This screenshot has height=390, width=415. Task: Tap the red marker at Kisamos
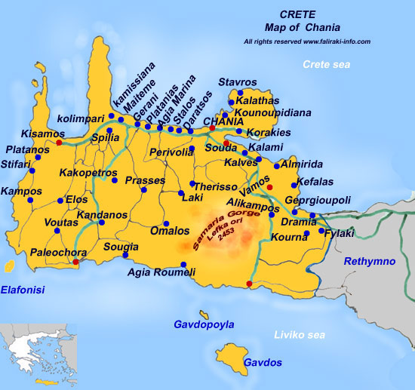click(x=59, y=142)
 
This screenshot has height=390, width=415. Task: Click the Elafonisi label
click(x=23, y=289)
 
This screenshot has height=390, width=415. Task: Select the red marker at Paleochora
click(x=75, y=262)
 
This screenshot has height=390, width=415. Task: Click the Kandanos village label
click(x=102, y=215)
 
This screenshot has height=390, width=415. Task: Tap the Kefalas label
click(x=315, y=182)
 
